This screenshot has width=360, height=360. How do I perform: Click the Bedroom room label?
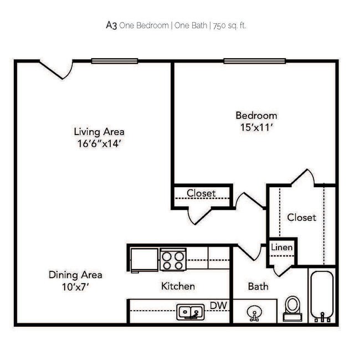point(256,115)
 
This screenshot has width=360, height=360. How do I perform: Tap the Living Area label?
point(99,132)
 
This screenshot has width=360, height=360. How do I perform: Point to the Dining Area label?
point(75,275)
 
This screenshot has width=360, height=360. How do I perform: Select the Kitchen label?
point(178,286)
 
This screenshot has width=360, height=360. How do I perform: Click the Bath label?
point(258,286)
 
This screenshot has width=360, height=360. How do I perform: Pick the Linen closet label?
point(282,247)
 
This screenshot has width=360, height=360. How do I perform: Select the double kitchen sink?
point(191,312)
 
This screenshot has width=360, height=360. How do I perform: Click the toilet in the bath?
point(292,308)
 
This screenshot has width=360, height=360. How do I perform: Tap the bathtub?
point(321,296)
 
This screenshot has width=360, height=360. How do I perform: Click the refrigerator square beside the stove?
point(144,258)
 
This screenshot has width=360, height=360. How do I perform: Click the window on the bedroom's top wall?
point(255,61)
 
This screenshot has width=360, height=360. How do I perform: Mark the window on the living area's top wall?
point(115,61)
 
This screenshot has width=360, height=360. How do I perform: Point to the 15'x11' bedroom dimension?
point(256,127)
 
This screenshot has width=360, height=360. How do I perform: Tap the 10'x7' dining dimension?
point(75,286)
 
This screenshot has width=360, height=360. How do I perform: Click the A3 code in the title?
point(111,25)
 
